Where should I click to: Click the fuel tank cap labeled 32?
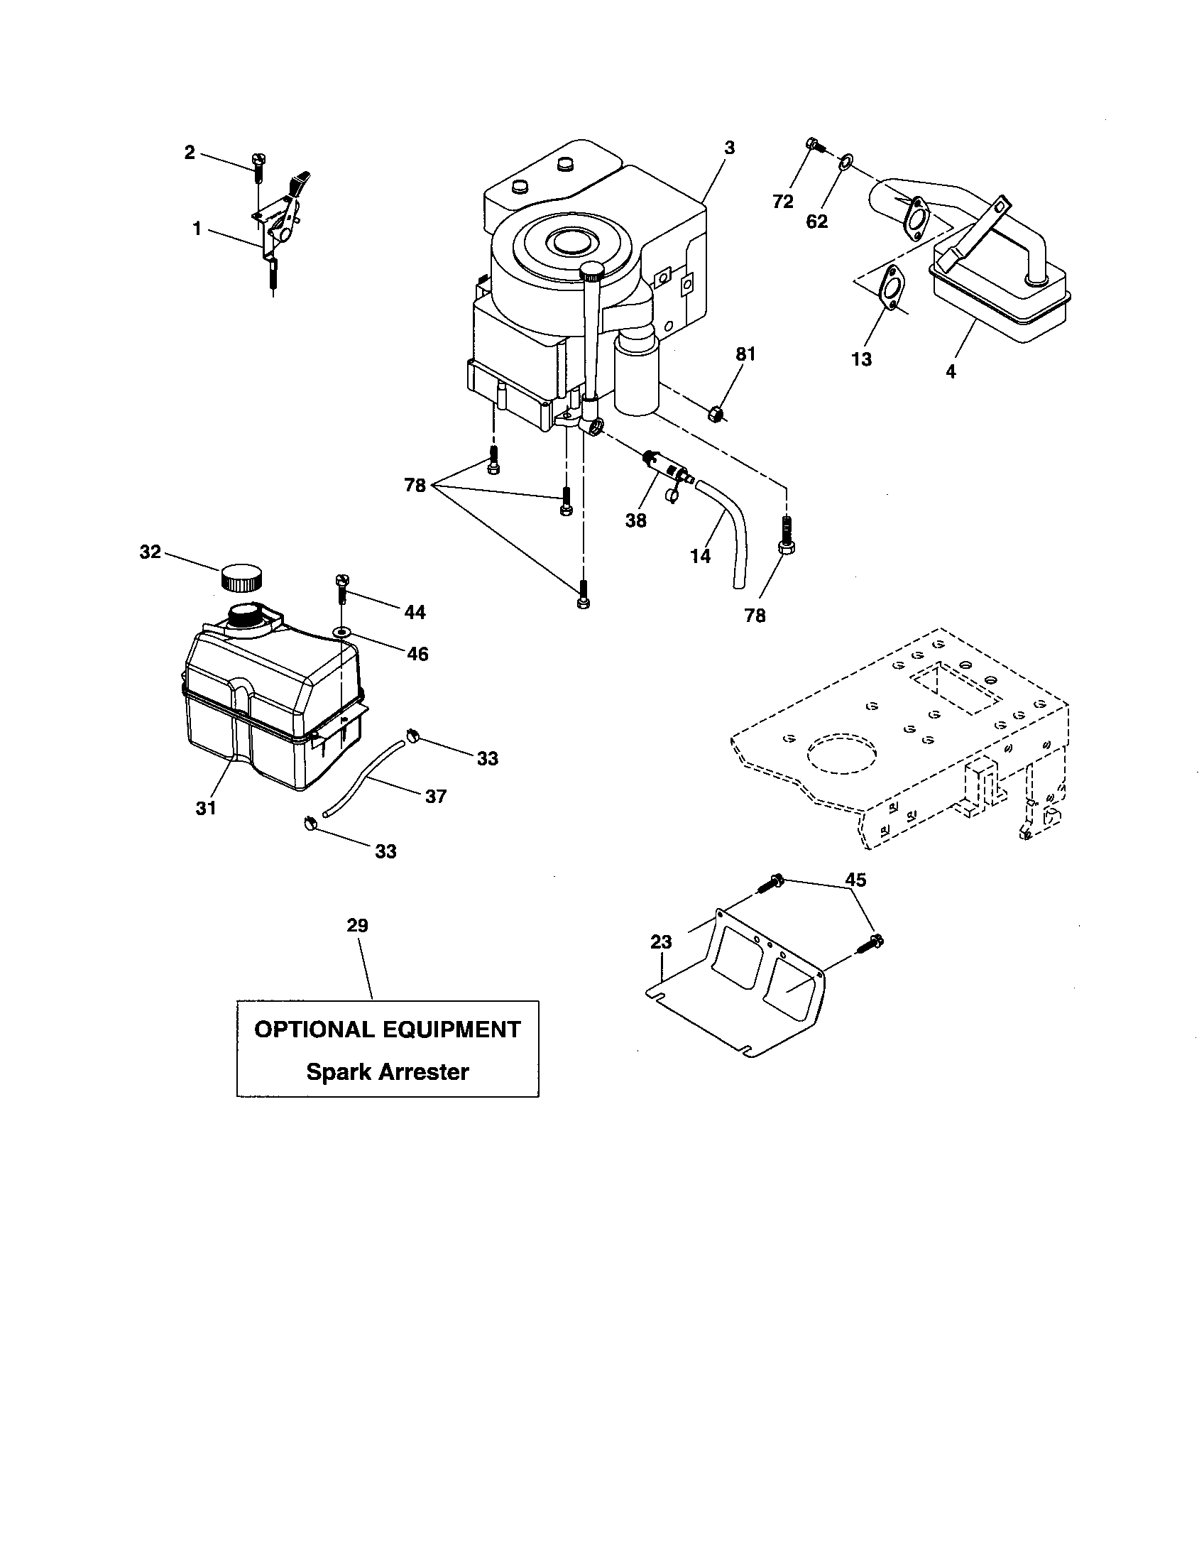240,577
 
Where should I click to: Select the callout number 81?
745,354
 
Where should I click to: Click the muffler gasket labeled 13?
890,288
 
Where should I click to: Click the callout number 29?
358,925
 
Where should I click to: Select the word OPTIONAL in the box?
314,1030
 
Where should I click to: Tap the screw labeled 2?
259,169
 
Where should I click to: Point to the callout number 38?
635,520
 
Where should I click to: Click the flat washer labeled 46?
342,632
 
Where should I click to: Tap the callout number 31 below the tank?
206,808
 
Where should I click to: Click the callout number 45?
855,880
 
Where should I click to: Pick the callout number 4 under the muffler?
950,372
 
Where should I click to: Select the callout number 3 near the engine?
728,148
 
